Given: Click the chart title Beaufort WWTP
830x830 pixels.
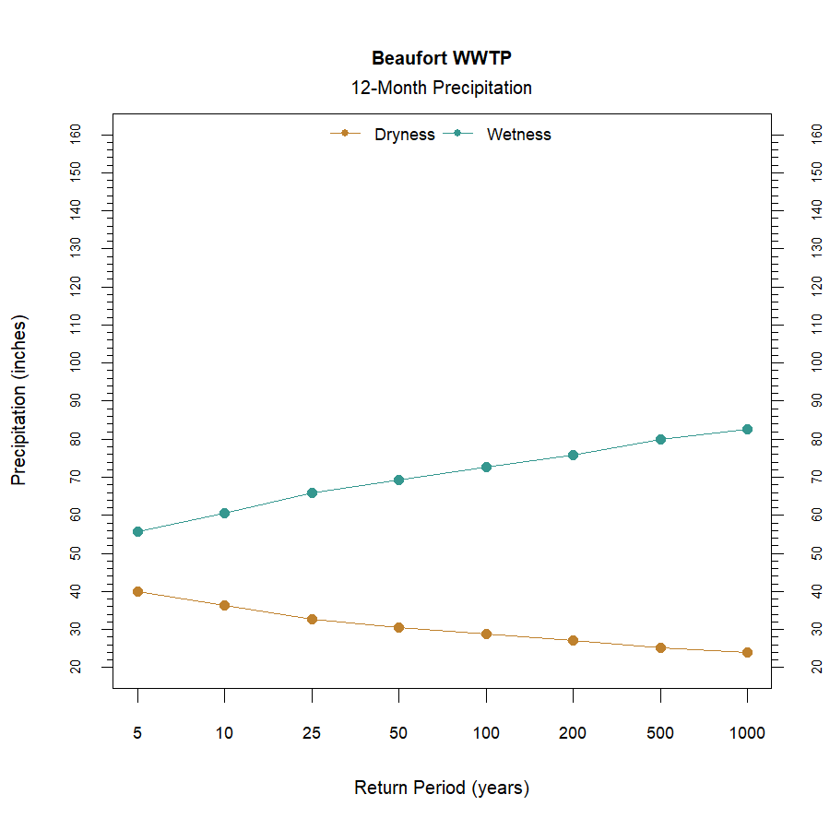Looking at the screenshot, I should coord(441,58).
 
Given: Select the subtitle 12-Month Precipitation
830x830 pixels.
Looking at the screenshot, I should coord(441,89).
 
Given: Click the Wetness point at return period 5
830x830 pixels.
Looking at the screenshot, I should coord(137,531).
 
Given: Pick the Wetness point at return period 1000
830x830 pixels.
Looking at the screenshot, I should coord(747,429).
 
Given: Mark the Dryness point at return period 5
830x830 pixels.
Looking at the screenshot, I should coord(137,591).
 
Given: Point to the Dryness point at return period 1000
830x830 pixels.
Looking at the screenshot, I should coord(747,652).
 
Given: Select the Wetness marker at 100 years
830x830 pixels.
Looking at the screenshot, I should coord(486,467).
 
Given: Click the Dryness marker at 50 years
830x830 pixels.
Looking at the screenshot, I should coord(398,627).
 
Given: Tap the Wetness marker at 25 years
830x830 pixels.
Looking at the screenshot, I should coord(312,492).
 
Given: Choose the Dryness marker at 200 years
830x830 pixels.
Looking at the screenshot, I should coord(573,640).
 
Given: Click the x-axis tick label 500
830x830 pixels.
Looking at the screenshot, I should coord(660,733).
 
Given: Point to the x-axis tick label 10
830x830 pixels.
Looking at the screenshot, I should coord(224,733).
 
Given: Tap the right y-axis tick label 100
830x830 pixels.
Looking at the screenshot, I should coord(816,362).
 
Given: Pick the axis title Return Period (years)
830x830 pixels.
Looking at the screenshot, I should coord(441,788).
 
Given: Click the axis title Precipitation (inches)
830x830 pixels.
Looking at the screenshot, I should coord(19,400).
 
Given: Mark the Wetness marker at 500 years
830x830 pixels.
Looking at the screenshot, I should coord(660,439).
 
